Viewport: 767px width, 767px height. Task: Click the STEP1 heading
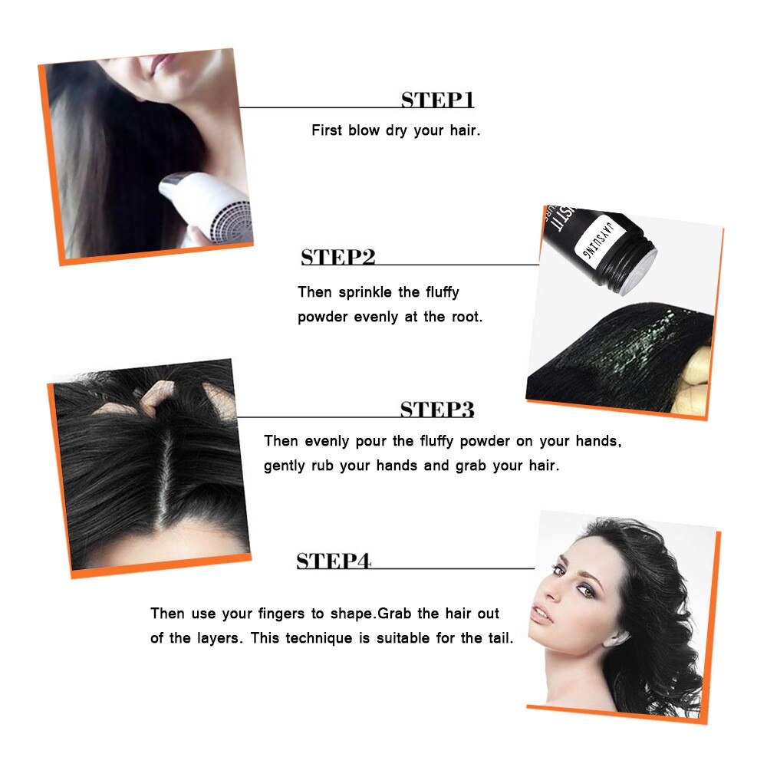point(437,100)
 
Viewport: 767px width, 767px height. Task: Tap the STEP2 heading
point(337,258)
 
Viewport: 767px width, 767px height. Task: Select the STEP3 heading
point(436,410)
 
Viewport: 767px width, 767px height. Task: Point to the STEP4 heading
point(334,561)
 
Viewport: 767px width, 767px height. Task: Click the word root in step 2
point(464,317)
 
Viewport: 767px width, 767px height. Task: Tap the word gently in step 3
point(285,466)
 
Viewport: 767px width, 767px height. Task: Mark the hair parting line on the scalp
point(160,476)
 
